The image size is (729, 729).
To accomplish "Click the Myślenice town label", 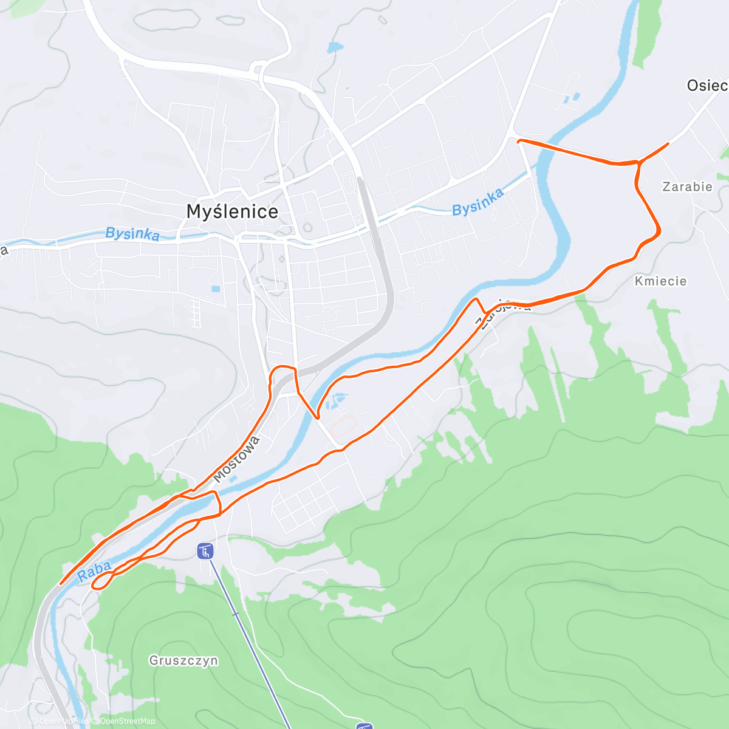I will coord(232,211).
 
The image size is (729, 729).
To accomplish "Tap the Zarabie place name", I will coord(687,187).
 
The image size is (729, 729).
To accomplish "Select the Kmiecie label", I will coord(660,281).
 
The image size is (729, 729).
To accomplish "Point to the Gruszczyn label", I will coord(183,660).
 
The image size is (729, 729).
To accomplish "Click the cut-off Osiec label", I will coord(707,86).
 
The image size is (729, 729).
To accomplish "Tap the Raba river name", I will coord(95,571).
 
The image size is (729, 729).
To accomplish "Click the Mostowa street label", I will coord(237,459).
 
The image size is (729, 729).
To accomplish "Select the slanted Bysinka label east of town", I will coord(477,202).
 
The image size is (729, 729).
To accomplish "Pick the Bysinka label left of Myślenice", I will coord(132,234).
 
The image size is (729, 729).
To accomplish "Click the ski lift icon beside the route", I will coord(205,552).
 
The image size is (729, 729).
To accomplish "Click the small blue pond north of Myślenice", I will coord(335,47).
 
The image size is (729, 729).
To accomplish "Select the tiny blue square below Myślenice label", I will coord(216,289).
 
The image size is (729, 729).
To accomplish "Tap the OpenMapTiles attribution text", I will coord(60,721).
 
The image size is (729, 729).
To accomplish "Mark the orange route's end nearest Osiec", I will coord(668,144).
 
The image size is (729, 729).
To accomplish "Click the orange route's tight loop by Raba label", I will coord(100,583).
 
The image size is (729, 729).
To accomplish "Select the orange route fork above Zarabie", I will coord(638,162).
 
